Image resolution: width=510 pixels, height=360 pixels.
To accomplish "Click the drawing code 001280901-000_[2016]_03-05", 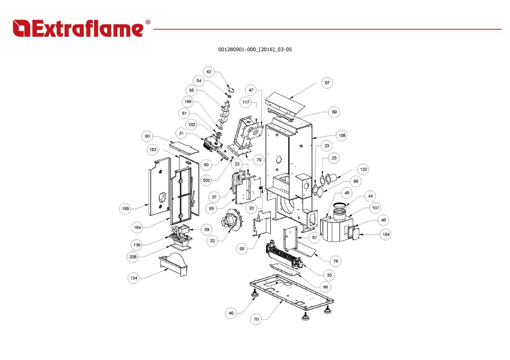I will point(255,50).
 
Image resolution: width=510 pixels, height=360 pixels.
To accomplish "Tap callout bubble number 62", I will point(209,72).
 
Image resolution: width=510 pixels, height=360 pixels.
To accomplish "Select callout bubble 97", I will point(327,83).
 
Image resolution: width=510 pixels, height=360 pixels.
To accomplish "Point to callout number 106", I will point(342,136).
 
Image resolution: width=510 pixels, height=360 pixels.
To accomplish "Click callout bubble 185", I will point(125,209).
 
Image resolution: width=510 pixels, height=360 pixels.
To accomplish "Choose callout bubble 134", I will point(134,278).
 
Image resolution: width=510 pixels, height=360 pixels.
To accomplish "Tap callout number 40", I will point(231,313).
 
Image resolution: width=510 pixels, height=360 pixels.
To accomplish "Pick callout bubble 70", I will point(256,319).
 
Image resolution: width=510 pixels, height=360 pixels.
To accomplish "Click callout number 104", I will point(386,235).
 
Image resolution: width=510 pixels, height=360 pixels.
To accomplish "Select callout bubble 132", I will point(364,169).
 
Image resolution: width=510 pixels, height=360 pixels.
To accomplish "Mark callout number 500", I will point(206,180).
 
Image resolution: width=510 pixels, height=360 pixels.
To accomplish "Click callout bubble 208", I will point(133,257).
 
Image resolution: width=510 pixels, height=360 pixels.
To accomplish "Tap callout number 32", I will point(212,241).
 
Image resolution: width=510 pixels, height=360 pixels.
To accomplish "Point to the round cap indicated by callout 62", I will point(230,89).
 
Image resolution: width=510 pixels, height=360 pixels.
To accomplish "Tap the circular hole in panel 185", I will point(162,197).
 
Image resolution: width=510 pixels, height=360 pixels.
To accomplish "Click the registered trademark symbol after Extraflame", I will point(148,22).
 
